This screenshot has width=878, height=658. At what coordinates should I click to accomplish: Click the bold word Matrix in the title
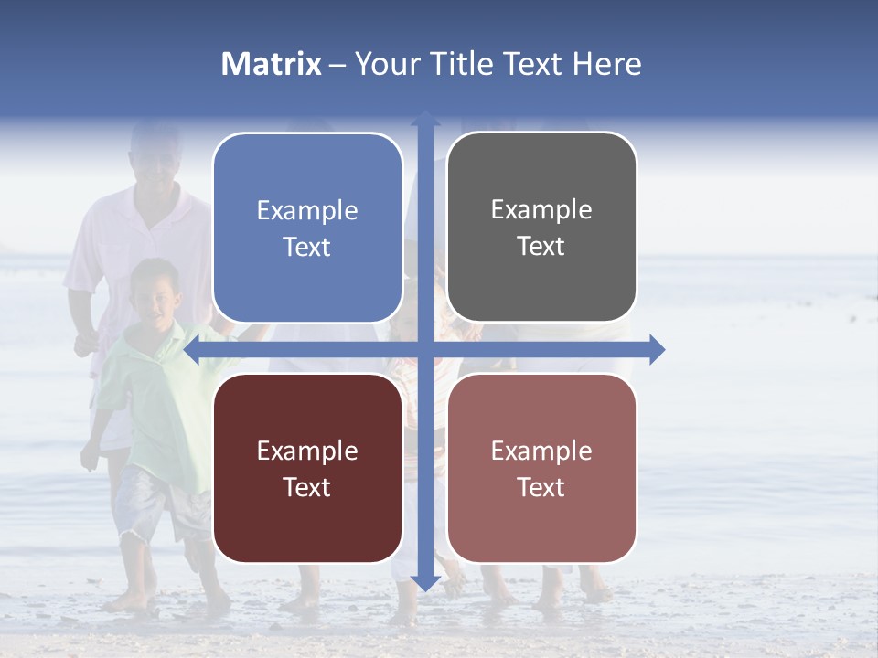point(272,64)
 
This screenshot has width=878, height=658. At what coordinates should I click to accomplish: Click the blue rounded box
point(307,228)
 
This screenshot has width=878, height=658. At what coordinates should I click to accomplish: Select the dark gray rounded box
point(541,228)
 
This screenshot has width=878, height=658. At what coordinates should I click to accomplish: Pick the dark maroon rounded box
point(307,468)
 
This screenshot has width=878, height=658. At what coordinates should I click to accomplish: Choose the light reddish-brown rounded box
point(541,468)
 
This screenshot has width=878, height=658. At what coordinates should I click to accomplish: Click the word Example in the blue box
point(307,211)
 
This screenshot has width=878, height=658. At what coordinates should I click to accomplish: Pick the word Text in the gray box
point(541,247)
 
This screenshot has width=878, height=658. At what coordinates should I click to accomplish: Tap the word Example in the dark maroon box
point(307,451)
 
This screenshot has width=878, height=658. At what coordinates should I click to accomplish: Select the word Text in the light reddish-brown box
point(541,487)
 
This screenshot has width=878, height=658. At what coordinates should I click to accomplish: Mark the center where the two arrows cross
point(424,349)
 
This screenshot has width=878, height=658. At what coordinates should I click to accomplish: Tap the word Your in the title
point(383,64)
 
